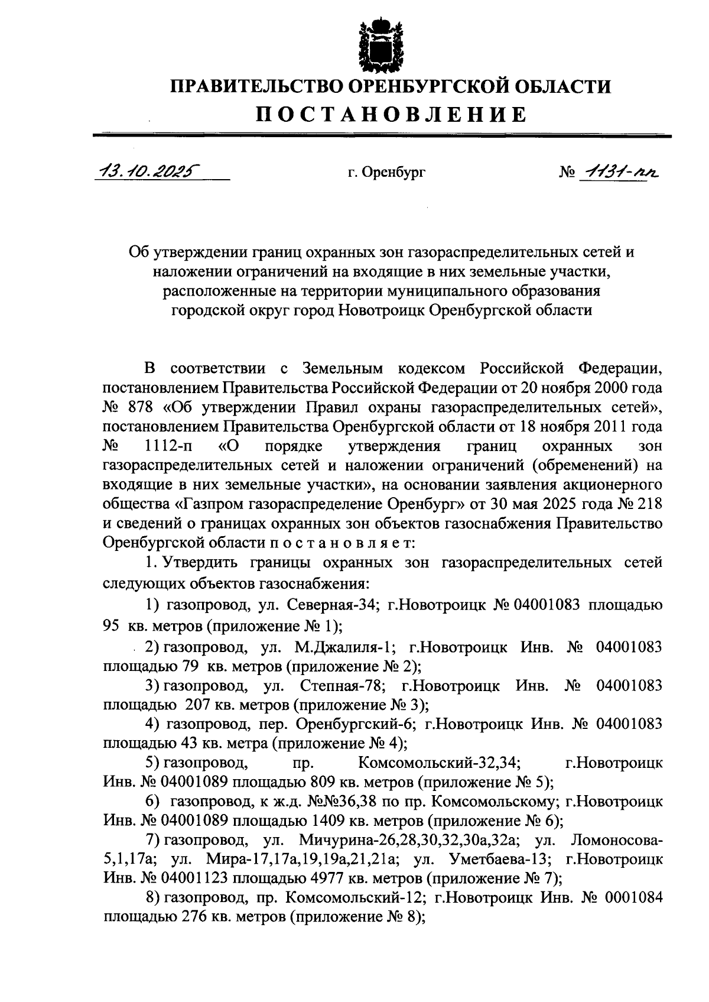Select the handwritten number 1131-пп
[619, 171]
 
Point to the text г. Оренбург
[386, 173]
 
